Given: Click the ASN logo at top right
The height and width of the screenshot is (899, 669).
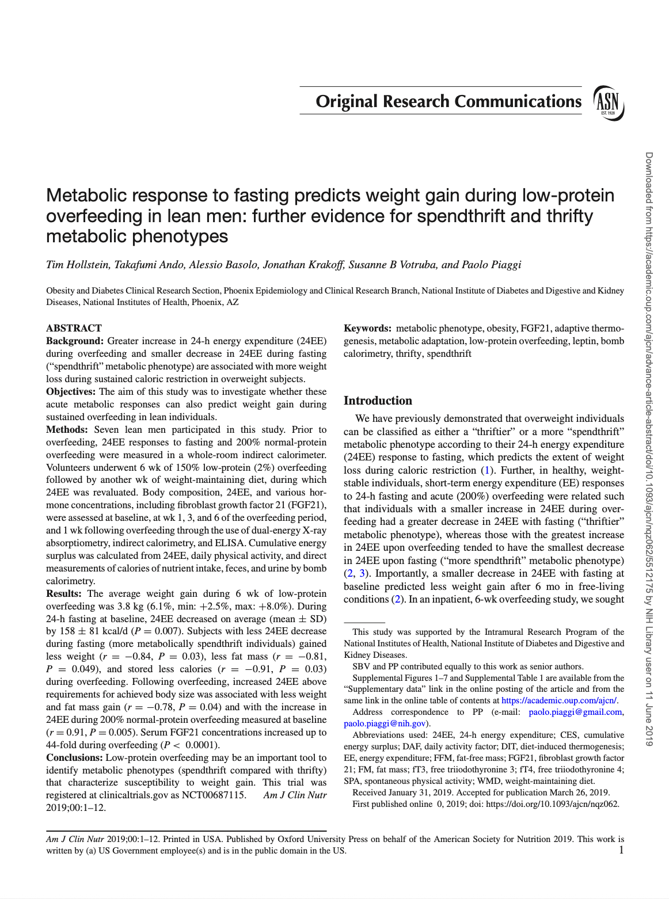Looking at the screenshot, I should (608, 102).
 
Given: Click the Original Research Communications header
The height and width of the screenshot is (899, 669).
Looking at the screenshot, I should (448, 101).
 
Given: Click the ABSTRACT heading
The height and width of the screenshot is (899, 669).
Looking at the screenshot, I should (74, 328).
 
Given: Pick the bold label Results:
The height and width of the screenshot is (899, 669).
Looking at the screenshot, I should (64, 593).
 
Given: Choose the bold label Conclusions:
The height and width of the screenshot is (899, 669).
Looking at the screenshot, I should (74, 757).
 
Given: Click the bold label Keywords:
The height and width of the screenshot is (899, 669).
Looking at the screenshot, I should (367, 328).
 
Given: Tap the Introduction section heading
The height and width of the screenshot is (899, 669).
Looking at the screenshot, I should (378, 401).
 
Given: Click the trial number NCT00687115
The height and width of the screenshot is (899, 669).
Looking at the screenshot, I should (214, 795).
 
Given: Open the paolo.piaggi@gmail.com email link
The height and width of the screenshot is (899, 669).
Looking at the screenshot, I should (575, 712).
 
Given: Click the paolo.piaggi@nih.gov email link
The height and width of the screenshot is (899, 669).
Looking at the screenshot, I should (385, 723).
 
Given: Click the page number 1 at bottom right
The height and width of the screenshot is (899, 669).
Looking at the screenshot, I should (621, 850).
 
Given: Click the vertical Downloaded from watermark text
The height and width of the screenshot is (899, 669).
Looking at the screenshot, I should (649, 449).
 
